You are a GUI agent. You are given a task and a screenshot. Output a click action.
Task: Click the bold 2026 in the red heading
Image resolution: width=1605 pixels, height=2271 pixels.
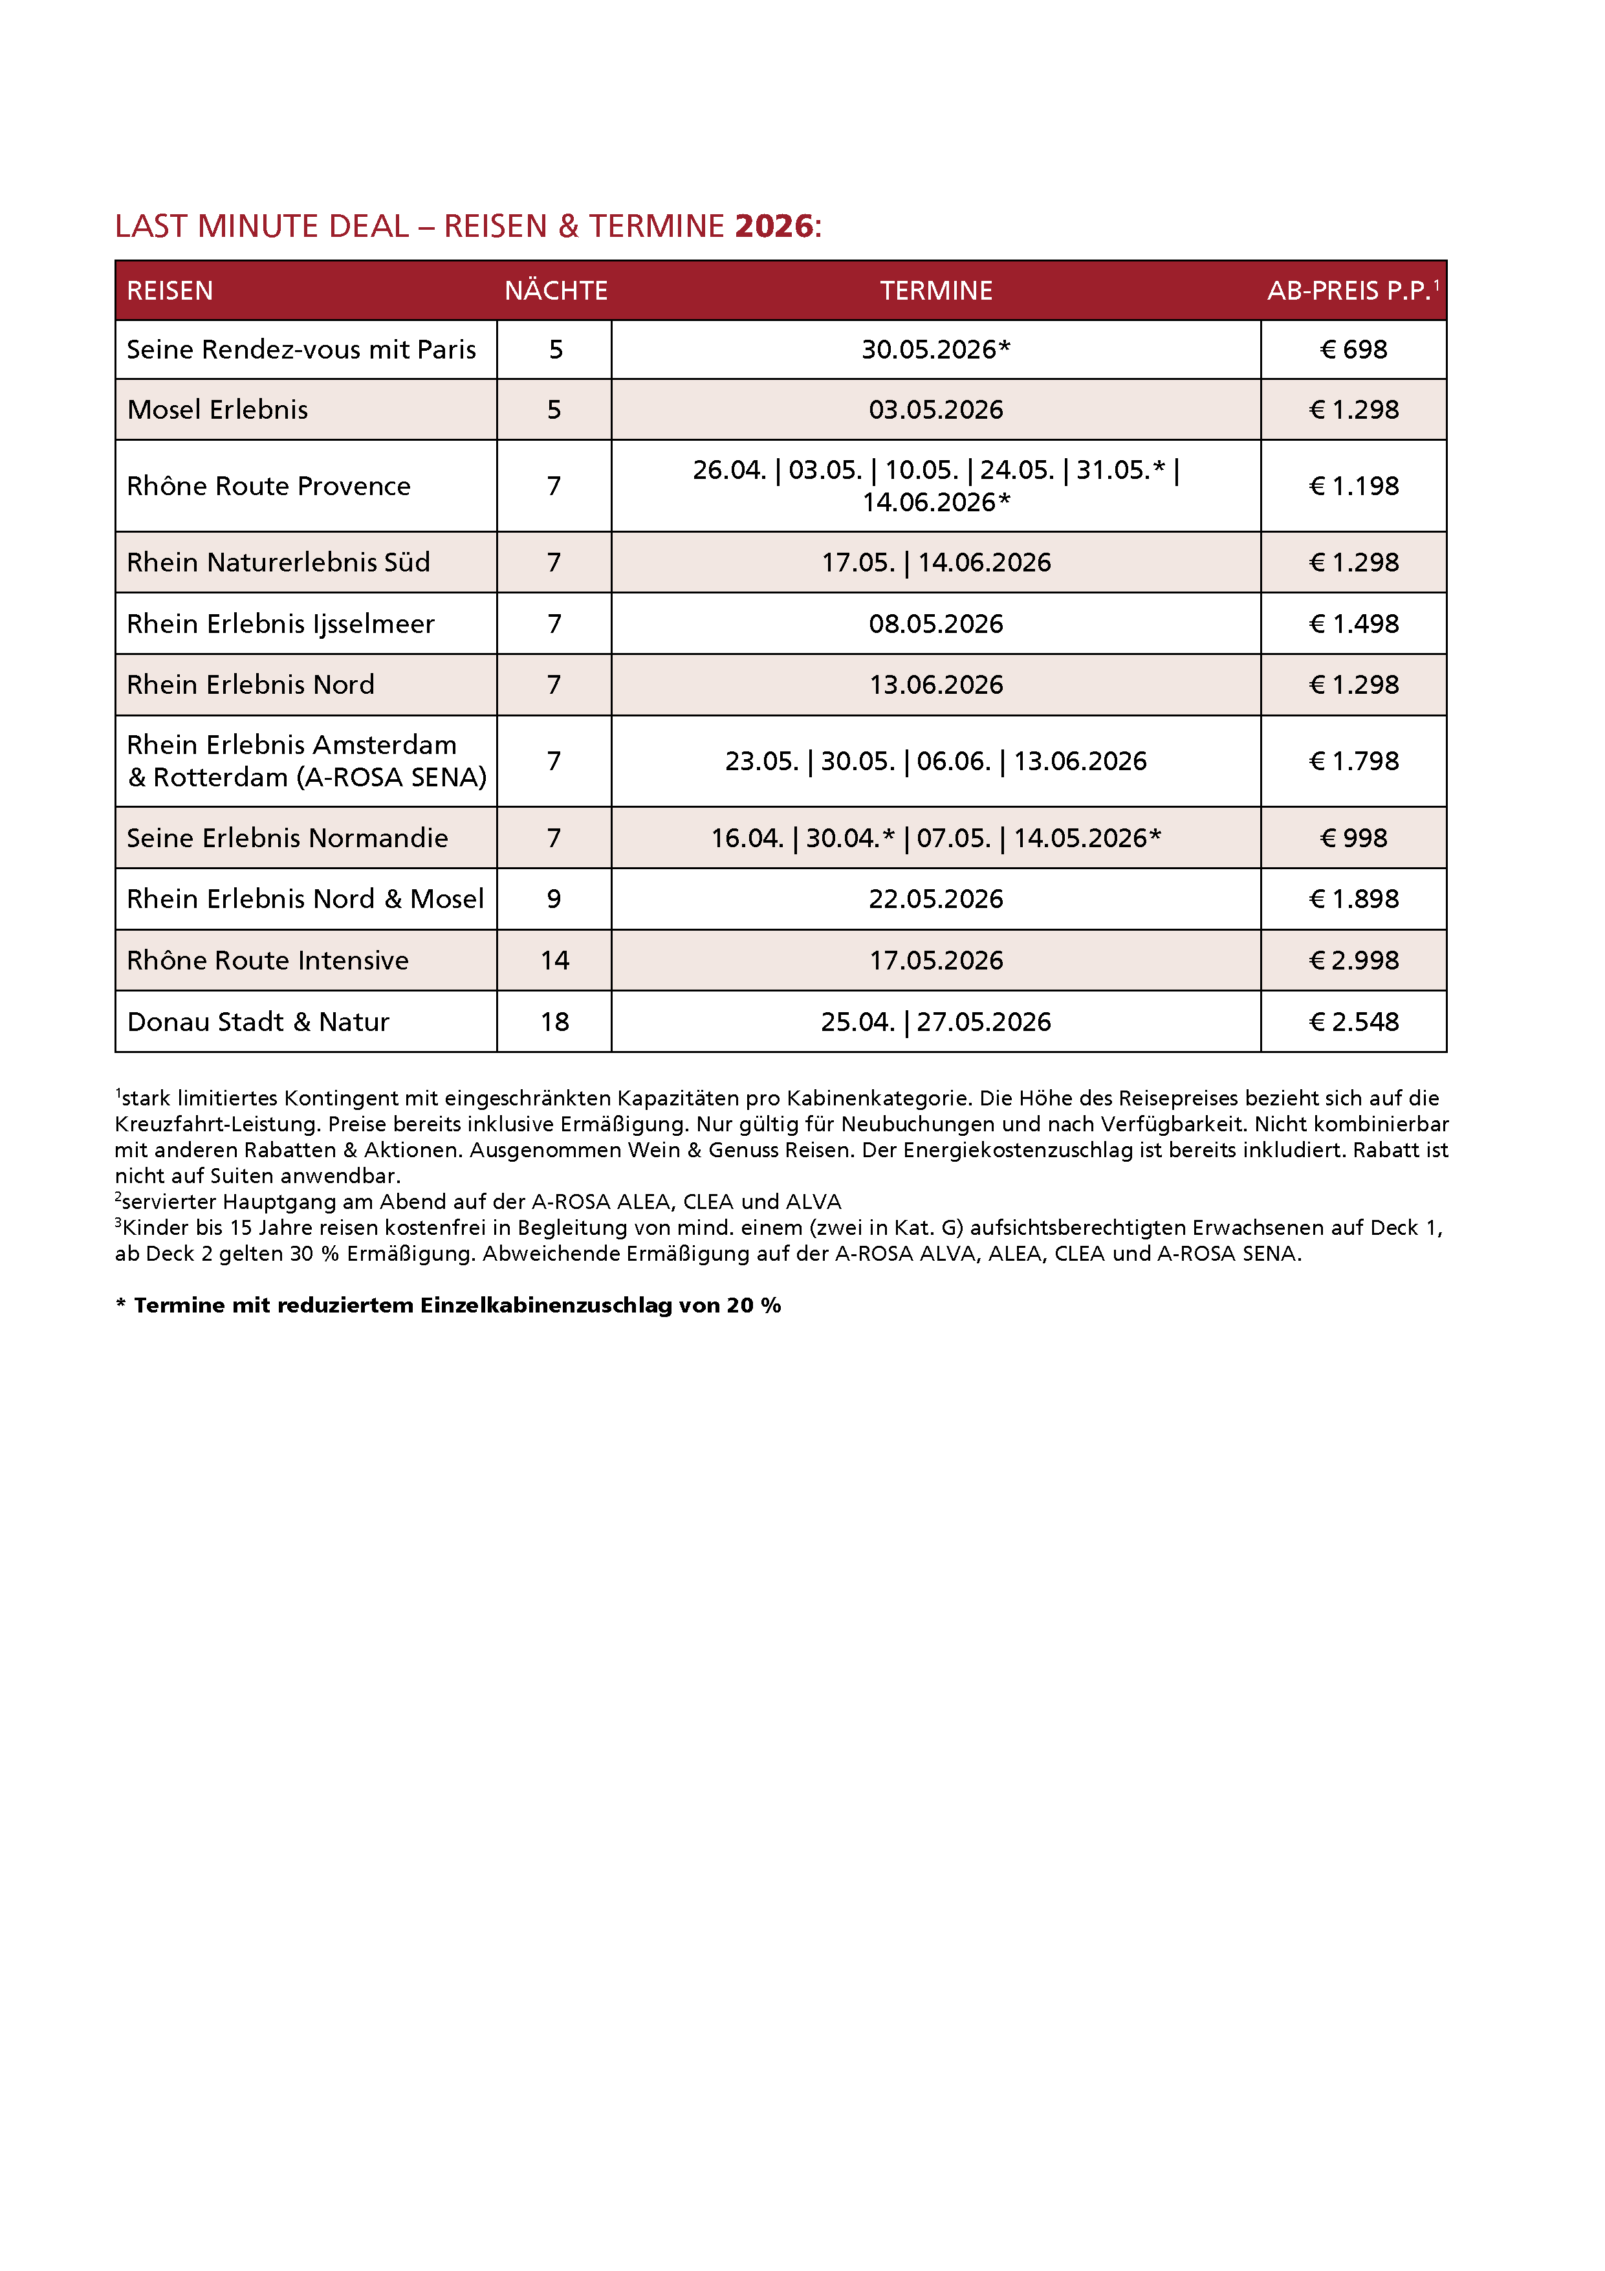click(x=773, y=227)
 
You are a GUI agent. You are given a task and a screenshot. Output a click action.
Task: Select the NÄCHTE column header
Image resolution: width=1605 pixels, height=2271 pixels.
click(x=556, y=291)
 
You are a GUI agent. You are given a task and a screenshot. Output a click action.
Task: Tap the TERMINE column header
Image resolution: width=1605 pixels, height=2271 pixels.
click(x=935, y=291)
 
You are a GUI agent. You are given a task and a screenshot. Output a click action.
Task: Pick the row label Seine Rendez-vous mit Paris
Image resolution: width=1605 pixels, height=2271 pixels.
click(x=301, y=350)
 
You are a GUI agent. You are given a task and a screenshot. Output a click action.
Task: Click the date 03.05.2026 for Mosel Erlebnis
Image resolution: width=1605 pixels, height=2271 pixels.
click(x=935, y=410)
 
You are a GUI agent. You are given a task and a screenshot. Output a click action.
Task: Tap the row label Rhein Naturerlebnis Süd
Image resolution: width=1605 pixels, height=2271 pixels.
click(x=279, y=563)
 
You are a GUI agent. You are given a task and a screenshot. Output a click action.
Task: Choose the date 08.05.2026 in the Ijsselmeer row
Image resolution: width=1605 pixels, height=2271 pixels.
click(x=935, y=624)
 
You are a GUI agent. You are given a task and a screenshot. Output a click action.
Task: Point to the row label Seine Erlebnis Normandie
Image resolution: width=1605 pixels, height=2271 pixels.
click(x=288, y=839)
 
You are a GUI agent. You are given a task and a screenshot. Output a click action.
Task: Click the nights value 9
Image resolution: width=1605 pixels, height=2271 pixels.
click(x=554, y=899)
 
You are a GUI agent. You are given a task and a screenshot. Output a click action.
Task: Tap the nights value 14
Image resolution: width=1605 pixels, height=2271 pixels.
click(x=555, y=960)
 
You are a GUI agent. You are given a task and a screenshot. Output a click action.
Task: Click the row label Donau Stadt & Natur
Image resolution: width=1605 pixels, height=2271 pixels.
click(x=258, y=1022)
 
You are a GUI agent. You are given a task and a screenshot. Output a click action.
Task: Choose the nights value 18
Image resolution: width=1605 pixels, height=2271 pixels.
click(x=555, y=1022)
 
